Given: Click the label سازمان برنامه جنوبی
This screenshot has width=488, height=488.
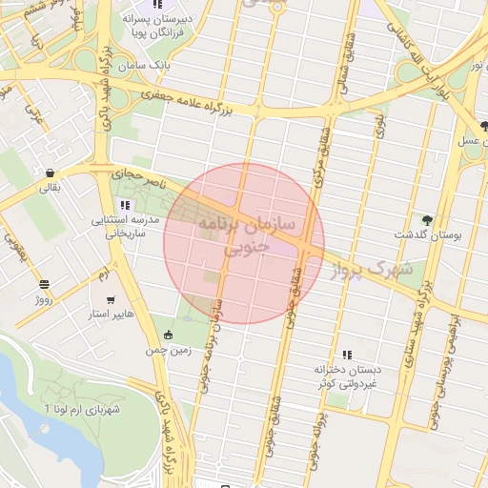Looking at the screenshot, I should pos(247,234).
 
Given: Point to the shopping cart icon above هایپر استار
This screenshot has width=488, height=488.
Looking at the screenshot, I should pos(112,298).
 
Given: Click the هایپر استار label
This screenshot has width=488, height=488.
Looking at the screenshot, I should pos(112,314).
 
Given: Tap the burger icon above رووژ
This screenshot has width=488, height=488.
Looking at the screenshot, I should pos(44,284).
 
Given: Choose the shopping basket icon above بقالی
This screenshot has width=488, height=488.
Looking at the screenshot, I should pos(48,173).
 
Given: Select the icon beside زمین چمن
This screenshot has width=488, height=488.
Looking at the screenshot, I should pos(169,335).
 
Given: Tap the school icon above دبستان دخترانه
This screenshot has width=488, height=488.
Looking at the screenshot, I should pos(347,354).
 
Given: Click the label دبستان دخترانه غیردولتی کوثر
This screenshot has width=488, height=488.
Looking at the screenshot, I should pos(349,376).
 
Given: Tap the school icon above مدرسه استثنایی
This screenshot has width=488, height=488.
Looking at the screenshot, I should pos(127,205).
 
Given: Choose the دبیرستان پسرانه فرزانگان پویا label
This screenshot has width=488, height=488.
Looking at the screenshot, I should pos(156,24).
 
